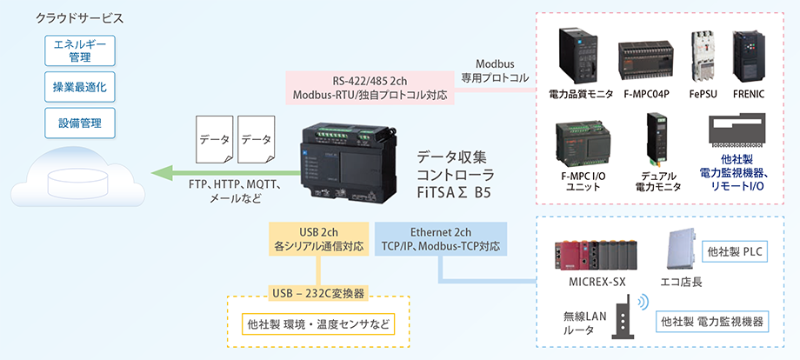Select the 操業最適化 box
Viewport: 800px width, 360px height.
[x=80, y=88]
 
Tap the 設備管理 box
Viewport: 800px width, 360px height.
[x=80, y=123]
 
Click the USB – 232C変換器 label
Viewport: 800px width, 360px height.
[x=317, y=292]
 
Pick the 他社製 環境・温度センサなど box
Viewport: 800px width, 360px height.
[x=317, y=325]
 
